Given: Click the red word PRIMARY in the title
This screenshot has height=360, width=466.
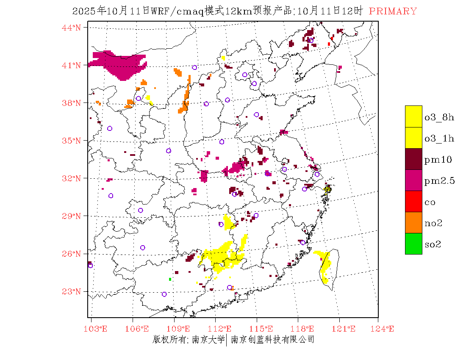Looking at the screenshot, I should (x=393, y=11).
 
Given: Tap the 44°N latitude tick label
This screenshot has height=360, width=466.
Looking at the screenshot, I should (x=72, y=28).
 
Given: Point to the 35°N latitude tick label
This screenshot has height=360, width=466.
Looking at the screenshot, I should (x=72, y=141).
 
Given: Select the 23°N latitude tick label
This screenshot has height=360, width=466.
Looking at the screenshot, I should (x=72, y=291).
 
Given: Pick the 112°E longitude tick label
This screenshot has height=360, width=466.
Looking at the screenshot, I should (x=222, y=329).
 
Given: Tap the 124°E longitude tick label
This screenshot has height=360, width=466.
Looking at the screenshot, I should (x=386, y=329).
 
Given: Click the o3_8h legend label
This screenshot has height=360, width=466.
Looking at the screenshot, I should (x=439, y=117).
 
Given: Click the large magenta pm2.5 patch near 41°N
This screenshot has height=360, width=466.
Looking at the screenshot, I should (x=121, y=64).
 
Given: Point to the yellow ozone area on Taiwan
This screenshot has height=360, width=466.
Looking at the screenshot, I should (x=325, y=265).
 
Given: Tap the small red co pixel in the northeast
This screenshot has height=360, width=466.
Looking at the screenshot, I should (x=329, y=44).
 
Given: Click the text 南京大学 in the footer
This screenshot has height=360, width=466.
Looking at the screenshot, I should (x=208, y=339).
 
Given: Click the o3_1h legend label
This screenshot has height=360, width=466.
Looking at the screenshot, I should (x=439, y=138).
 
